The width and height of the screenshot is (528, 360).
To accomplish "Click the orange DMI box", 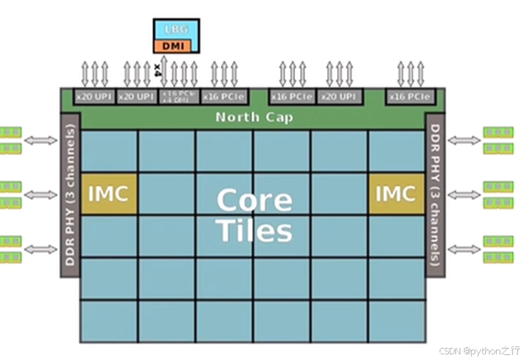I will point(177,46).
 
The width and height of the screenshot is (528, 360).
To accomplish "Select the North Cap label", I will point(254,117).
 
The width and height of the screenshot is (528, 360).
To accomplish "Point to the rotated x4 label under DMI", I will point(157,70).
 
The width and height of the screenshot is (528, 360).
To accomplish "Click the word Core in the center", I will point(254,200).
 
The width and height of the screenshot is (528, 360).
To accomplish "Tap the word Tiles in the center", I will point(254,231).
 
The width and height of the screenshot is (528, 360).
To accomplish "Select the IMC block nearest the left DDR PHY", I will point(110,193).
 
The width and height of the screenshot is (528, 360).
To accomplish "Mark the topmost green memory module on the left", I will point(11,132).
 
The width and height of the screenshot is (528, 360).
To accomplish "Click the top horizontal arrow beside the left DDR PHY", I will point(41,140).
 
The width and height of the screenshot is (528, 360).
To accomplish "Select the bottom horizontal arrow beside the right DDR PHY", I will point(465,249).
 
